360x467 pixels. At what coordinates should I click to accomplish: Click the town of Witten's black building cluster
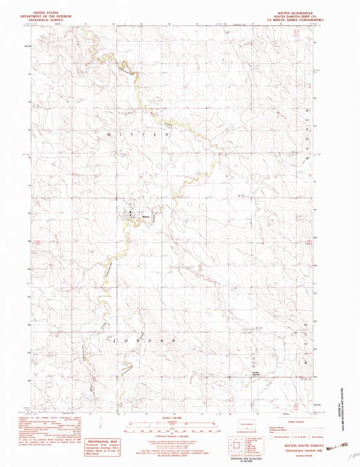point(129,216)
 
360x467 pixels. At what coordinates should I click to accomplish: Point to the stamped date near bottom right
point(333,445)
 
